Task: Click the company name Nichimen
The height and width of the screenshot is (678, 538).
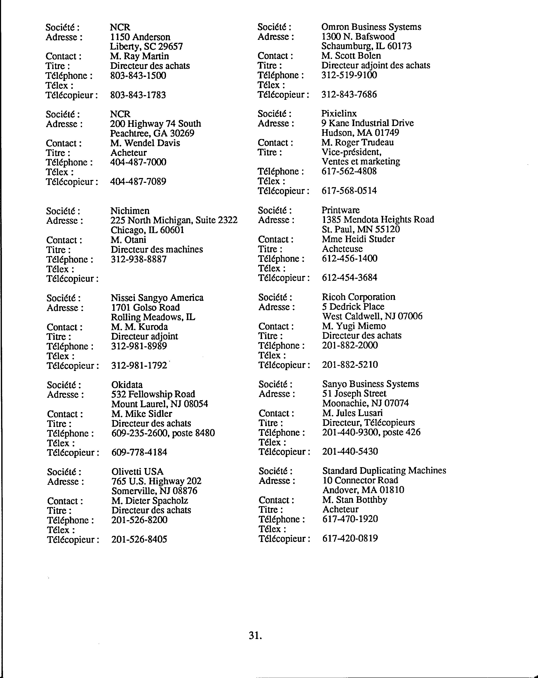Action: tap(130, 211)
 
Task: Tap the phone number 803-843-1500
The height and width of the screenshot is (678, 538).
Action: tap(138, 76)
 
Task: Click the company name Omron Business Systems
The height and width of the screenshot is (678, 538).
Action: tap(371, 27)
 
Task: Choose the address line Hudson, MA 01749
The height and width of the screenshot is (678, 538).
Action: tap(360, 133)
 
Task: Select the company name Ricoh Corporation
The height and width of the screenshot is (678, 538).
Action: tap(359, 297)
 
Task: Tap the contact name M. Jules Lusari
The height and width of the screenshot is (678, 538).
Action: tap(352, 413)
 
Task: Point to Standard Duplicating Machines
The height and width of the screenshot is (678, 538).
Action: tap(384, 471)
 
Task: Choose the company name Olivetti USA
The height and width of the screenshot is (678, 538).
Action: tap(138, 472)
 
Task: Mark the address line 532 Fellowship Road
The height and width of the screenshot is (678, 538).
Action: tap(153, 394)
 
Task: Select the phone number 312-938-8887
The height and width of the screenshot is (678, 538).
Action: tap(139, 259)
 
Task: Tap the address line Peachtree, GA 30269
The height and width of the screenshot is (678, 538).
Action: tap(152, 133)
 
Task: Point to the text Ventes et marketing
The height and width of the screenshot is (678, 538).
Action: tap(361, 162)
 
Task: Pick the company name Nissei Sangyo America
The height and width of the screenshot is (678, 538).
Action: tap(157, 298)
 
